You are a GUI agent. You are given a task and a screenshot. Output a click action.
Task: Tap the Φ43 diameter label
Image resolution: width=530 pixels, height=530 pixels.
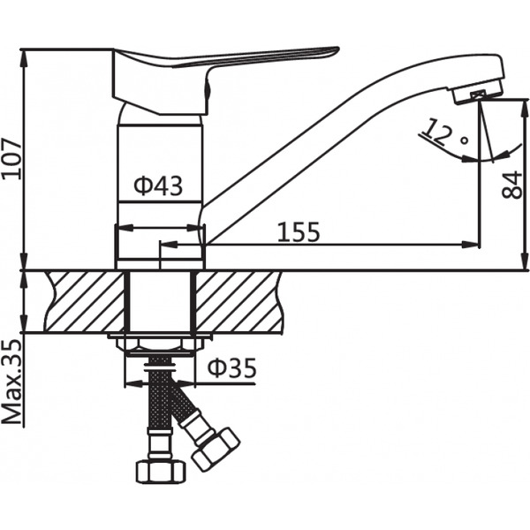[x=158, y=186]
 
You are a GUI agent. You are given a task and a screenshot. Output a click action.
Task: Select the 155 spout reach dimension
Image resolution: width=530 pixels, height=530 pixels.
[x=299, y=231]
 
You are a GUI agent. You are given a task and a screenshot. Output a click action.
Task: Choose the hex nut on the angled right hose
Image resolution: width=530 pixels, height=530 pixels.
[x=216, y=448]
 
